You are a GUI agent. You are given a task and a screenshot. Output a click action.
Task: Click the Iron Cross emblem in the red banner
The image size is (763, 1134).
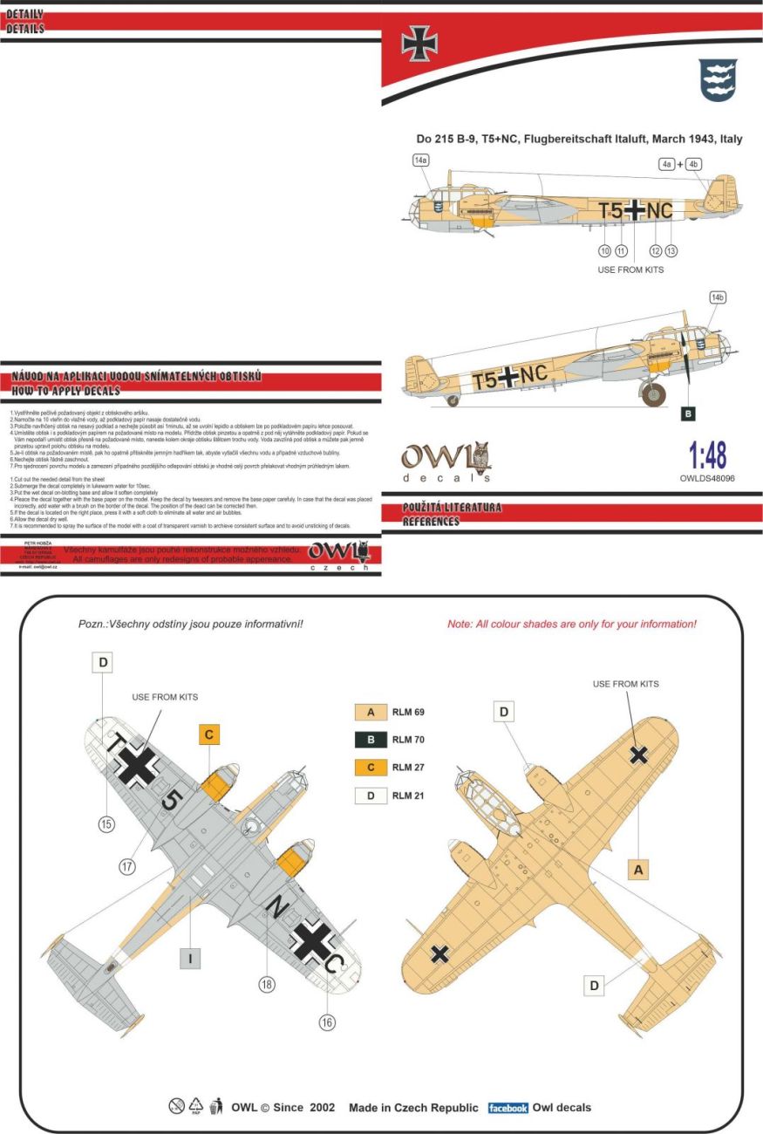point(419,44)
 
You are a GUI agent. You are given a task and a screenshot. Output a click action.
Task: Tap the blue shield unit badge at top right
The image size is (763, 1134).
point(718,79)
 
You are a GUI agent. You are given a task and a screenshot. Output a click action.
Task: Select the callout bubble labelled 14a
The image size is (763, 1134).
point(421,161)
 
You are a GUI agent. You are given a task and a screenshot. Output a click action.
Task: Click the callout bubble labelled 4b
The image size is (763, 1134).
point(694,163)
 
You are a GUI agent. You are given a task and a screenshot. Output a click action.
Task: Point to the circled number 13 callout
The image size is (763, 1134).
point(671,250)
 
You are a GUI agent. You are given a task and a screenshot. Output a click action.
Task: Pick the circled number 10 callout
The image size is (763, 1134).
point(603,250)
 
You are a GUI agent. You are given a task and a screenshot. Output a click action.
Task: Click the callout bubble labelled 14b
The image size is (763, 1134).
point(718,297)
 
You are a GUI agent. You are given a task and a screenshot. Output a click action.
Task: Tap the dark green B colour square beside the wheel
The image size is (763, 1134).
point(689,413)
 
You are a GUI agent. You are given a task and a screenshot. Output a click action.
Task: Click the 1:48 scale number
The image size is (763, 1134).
point(707,454)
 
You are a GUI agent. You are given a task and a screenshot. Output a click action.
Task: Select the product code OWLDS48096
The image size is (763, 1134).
point(708,478)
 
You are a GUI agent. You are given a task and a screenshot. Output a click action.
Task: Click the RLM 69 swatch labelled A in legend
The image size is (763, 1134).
point(371,712)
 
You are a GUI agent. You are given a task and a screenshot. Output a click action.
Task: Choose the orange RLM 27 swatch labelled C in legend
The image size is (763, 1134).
point(371,768)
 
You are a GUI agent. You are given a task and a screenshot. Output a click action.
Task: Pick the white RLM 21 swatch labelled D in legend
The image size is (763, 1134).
point(371,796)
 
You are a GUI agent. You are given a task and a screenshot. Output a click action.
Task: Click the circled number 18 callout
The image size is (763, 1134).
point(267,984)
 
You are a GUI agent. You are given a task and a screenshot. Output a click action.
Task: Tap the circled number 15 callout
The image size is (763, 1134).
point(106,823)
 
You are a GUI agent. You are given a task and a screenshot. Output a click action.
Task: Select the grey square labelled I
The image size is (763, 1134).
point(191,959)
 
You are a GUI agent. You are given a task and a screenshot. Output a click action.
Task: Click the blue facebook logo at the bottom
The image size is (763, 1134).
point(508,1108)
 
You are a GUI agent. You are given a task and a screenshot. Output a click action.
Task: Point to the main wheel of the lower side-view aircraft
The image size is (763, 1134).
point(653,393)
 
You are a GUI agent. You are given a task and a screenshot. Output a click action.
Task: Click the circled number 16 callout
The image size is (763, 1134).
point(327,1022)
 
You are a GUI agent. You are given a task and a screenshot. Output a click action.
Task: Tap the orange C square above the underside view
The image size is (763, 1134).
point(209,734)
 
